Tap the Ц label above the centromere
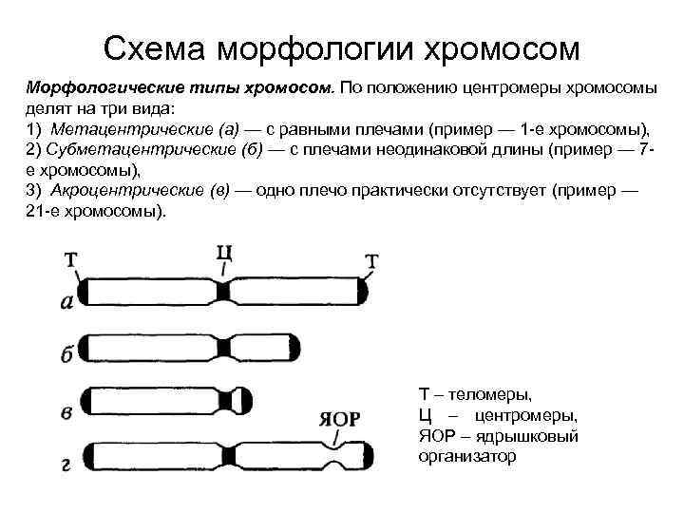point(224,253)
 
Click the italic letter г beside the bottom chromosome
point(66,465)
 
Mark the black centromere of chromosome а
point(223,290)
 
